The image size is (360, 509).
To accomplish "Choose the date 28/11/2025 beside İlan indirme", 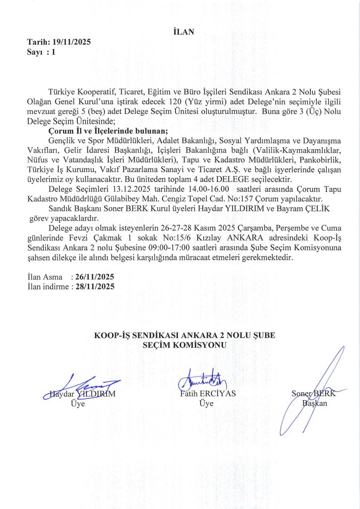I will pos(95,286).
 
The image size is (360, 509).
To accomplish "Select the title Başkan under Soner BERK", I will pos(315,403).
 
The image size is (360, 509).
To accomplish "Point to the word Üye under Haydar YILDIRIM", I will pos(78,404).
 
